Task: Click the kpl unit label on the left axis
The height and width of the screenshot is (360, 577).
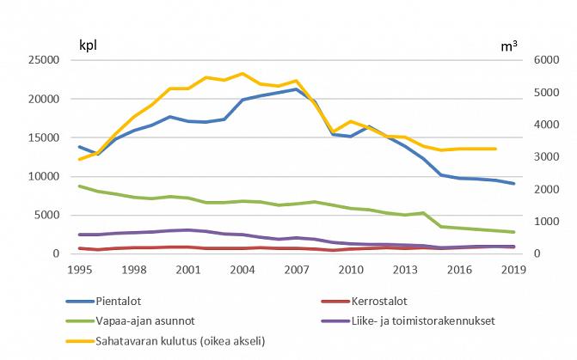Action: (x=89, y=46)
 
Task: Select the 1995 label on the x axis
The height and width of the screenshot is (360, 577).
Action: (x=80, y=269)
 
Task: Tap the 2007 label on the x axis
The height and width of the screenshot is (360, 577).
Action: (x=297, y=269)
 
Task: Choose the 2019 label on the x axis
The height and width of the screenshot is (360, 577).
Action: (x=514, y=269)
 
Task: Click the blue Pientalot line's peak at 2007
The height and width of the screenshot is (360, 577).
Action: (x=297, y=89)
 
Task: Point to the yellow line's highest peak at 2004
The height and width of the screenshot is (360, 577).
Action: (x=242, y=74)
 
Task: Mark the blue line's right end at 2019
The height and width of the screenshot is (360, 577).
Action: (x=514, y=184)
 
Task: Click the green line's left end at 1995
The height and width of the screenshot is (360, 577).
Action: (x=80, y=186)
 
